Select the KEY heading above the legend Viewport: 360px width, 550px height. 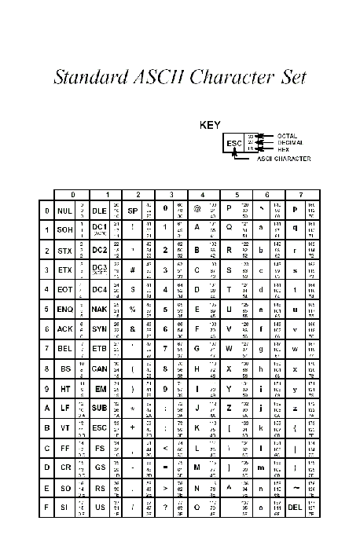coord(211,124)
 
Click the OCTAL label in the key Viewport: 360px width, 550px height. coord(287,135)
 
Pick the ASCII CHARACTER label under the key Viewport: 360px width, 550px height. coord(284,159)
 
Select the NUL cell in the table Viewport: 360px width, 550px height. coord(65,211)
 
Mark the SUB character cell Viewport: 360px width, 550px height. coord(99,407)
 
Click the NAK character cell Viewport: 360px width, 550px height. coord(99,309)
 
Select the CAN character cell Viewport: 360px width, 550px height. coord(99,368)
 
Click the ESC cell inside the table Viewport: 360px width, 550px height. coord(99,427)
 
